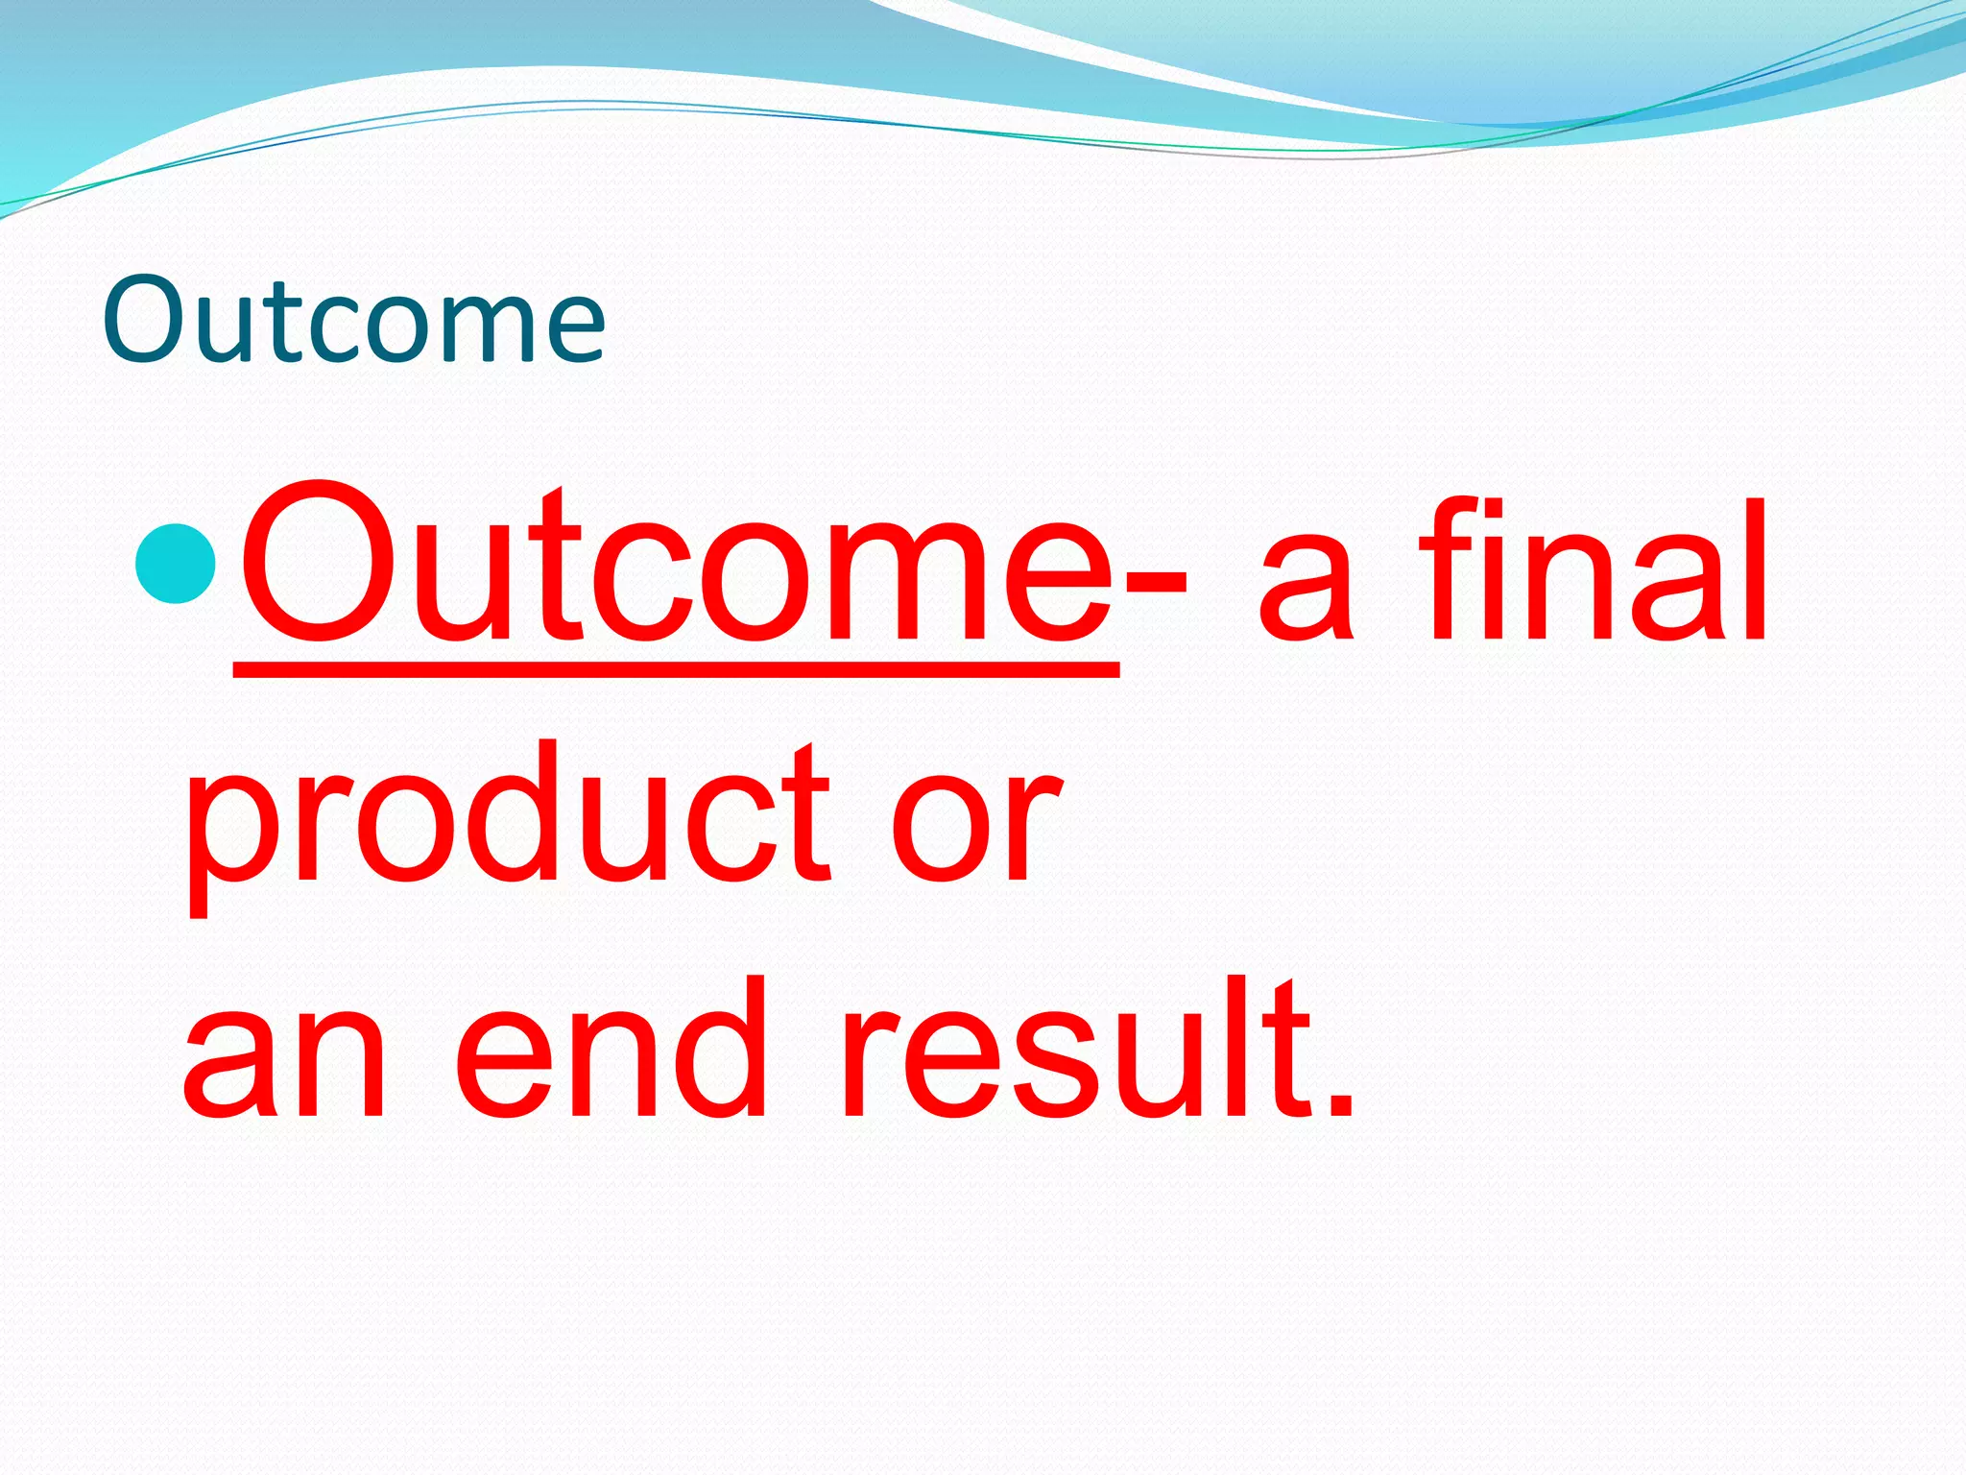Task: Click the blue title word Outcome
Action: [353, 320]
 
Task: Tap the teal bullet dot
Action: [176, 563]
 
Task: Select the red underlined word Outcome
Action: [676, 567]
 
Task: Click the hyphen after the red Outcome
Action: [1155, 580]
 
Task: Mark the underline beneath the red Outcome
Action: [676, 668]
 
